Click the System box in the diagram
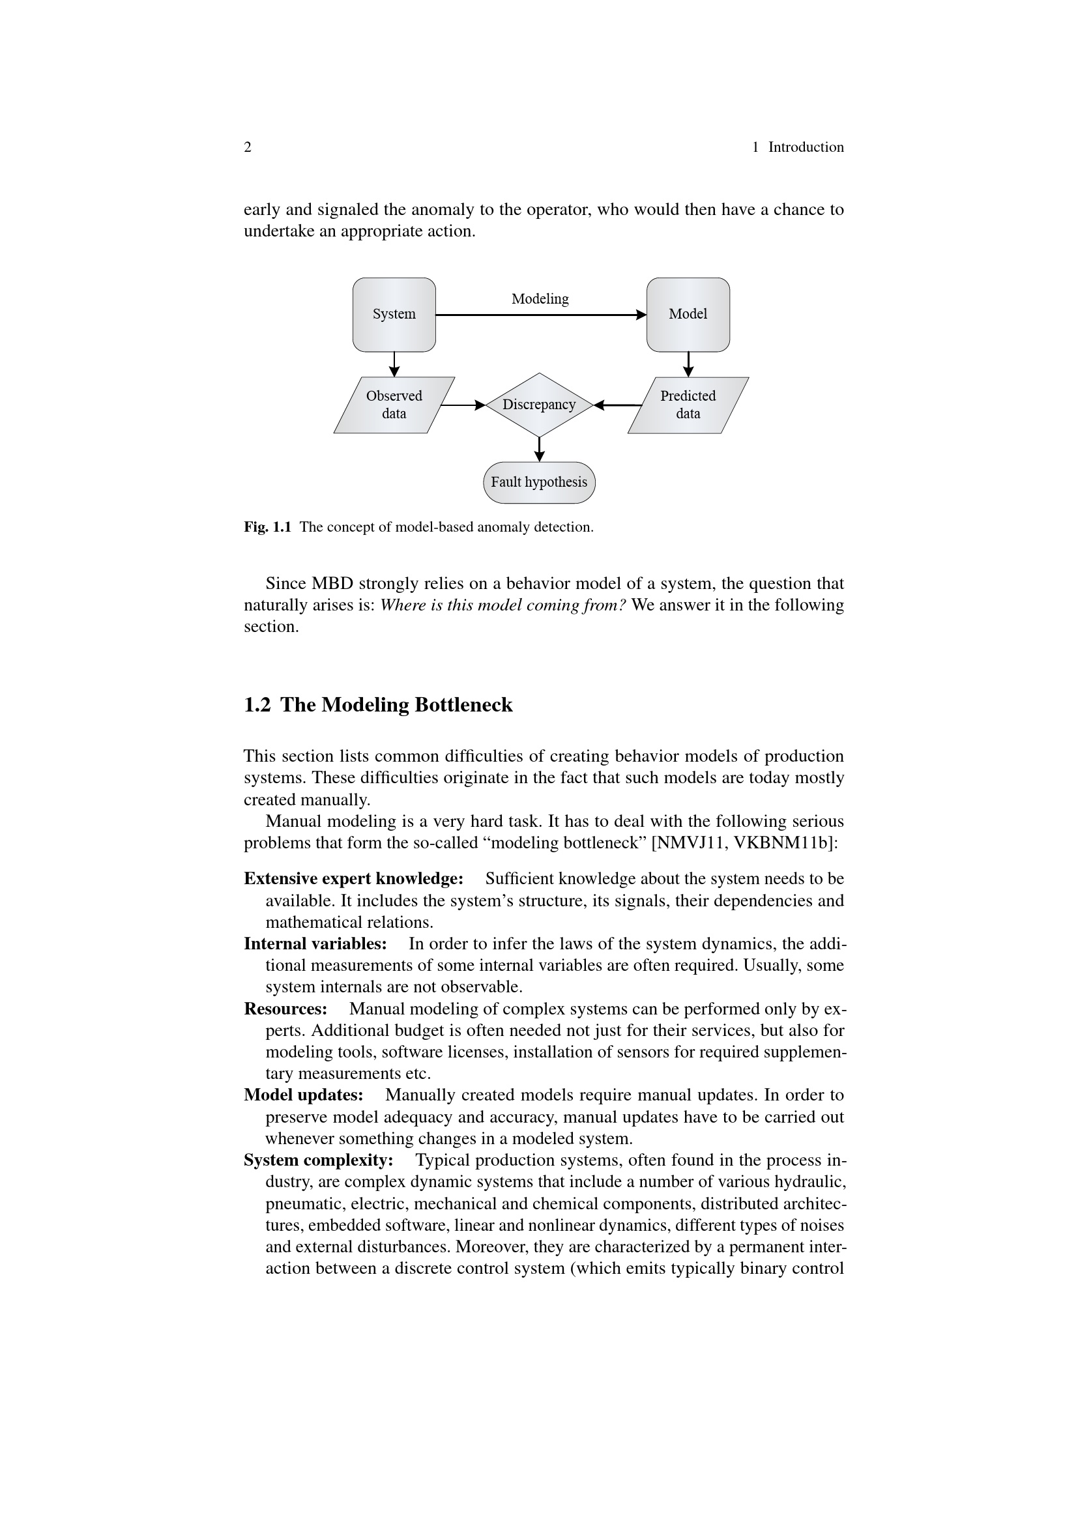coord(394,314)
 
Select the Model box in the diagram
coord(688,314)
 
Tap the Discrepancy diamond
coord(538,404)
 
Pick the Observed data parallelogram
coord(394,405)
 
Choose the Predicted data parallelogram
coord(688,405)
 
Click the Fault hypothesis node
coord(539,482)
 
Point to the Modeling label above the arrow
coord(540,298)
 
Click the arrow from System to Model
coord(540,315)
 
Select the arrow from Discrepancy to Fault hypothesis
coord(539,450)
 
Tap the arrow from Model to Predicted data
coord(688,364)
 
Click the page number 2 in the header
coord(248,147)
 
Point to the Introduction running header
coord(805,147)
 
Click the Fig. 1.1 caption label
coord(267,527)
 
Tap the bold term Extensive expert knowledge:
coord(353,879)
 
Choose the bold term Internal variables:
coord(315,944)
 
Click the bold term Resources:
coord(285,1009)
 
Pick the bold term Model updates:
coord(303,1095)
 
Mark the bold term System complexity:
coord(319,1160)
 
